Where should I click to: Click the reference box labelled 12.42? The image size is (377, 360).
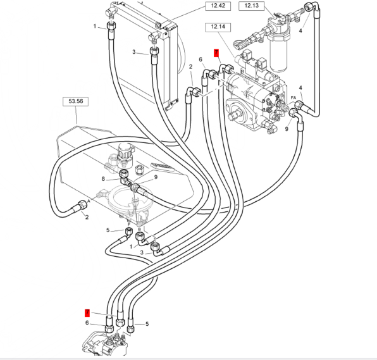218,6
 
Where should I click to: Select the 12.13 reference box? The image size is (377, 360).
252,6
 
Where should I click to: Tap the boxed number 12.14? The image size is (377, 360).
218,27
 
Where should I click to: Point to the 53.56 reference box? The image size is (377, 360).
75,101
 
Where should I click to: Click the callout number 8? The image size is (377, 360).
103,179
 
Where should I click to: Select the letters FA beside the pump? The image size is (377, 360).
294,97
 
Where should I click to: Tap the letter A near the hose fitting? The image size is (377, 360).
89,201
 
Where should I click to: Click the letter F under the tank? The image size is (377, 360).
129,225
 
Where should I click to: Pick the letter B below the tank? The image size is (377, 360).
139,229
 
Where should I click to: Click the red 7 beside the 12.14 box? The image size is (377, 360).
216,53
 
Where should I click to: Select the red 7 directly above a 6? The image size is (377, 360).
87,313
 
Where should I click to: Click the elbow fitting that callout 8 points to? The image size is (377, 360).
125,178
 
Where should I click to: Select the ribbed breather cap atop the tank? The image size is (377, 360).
125,151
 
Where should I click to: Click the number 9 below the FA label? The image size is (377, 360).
287,129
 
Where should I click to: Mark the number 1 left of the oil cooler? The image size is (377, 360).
95,26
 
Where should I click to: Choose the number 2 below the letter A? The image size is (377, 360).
87,217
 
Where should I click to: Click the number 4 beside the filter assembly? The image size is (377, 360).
300,31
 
